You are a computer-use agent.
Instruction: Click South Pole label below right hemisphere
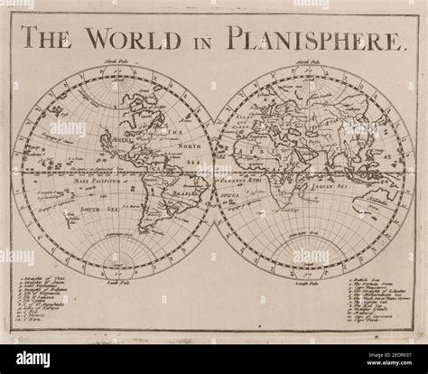pos(311,283)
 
